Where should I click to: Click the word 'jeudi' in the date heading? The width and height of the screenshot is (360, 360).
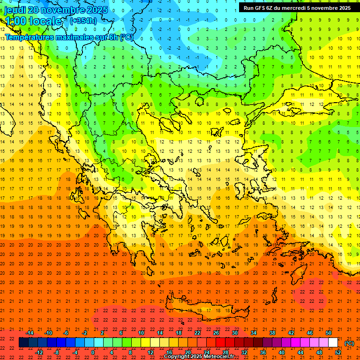click(15, 10)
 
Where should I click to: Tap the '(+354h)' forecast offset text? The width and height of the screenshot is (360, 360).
click(83, 21)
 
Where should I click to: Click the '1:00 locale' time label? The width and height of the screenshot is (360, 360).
click(33, 21)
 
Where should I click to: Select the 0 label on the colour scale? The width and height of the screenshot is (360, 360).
click(93, 352)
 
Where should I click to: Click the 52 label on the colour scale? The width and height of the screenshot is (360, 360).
click(337, 352)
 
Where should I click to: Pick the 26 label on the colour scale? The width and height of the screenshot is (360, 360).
click(216, 333)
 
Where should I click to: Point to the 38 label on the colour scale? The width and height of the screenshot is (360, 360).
click(272, 333)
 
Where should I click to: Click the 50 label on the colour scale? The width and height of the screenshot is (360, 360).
click(328, 333)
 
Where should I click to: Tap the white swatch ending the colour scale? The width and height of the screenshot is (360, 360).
click(333, 343)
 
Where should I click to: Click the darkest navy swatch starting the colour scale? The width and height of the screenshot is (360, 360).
click(23, 343)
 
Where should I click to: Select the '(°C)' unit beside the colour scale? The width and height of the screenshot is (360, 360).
click(349, 343)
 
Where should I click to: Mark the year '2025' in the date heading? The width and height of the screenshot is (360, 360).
click(97, 10)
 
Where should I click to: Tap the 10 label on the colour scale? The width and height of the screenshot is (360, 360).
click(141, 333)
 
